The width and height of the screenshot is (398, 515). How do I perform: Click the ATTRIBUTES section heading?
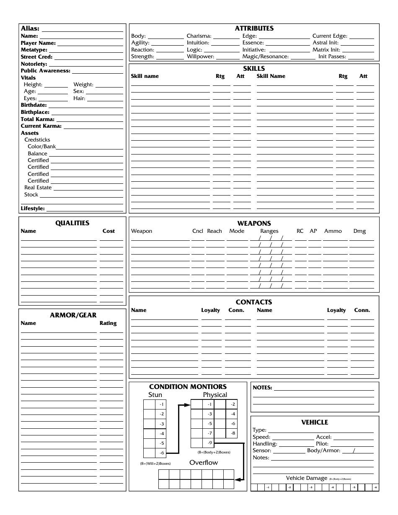coord(254,28)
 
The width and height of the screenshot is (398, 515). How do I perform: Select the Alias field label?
coord(30,29)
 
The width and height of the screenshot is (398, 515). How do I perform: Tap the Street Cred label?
coord(36,57)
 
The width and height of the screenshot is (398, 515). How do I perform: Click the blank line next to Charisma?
coord(226,36)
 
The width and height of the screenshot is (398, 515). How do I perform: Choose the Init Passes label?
coord(332,57)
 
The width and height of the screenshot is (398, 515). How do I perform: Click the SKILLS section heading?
coord(254,69)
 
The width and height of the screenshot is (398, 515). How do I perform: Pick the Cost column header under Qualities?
coord(109,231)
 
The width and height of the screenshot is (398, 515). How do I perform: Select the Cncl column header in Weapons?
coord(197,231)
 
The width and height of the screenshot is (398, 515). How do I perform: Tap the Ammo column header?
coord(333,231)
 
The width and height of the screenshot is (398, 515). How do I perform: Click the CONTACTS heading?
coord(253,302)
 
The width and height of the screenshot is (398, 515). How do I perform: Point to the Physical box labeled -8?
coord(233,433)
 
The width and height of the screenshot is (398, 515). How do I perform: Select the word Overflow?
coord(204,463)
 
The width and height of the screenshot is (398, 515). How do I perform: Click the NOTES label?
coord(262,388)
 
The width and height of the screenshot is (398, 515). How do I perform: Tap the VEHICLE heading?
coord(315,422)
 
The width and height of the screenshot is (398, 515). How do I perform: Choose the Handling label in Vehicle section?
coord(265,444)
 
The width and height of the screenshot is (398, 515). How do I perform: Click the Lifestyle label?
coord(33,209)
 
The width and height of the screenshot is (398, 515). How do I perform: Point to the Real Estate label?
coord(38,188)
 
